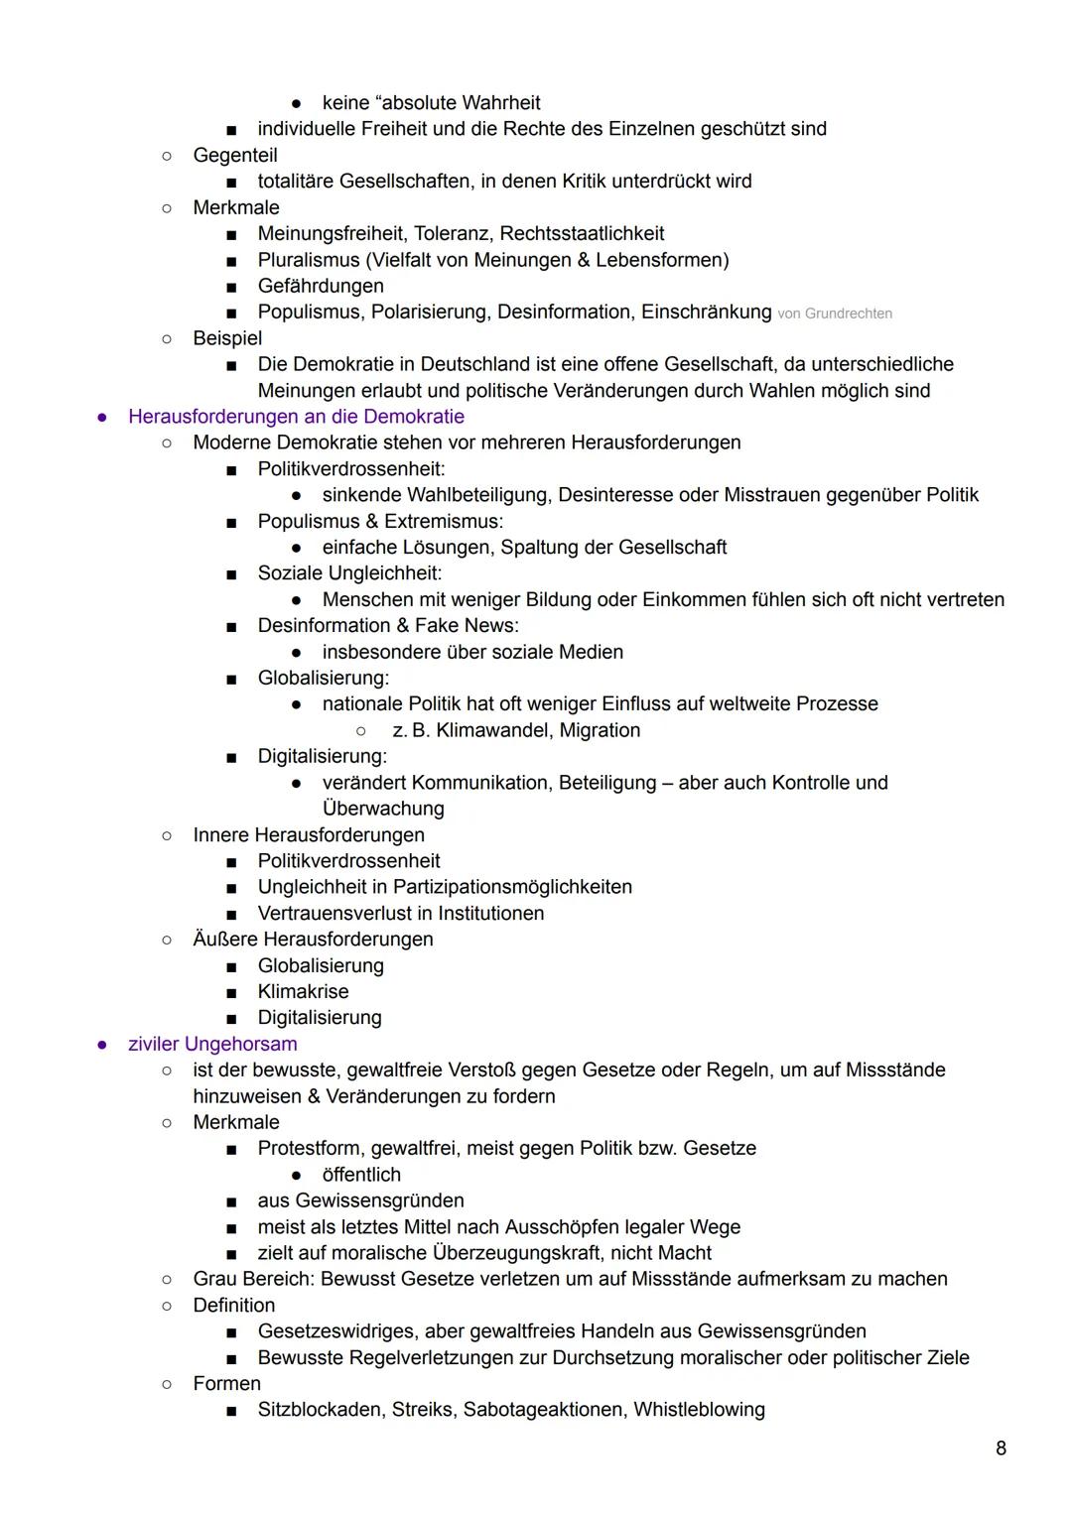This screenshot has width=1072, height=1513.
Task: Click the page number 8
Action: pyautogui.click(x=1001, y=1449)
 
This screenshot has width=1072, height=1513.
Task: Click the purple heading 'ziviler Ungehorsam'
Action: pyautogui.click(x=212, y=1044)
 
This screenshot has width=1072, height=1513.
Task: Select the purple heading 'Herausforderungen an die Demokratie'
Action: pyautogui.click(x=296, y=417)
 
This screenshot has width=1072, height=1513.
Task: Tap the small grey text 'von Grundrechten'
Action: pyautogui.click(x=835, y=314)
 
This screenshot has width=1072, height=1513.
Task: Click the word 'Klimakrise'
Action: pyautogui.click(x=303, y=991)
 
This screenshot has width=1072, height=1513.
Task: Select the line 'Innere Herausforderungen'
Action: pyautogui.click(x=309, y=835)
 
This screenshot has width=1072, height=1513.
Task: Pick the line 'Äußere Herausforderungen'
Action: pyautogui.click(x=313, y=940)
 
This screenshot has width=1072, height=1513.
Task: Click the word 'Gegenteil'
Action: pyautogui.click(x=235, y=156)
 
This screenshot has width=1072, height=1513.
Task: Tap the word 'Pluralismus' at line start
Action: pyautogui.click(x=309, y=260)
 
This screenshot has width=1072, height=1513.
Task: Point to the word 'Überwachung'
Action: pyautogui.click(x=383, y=809)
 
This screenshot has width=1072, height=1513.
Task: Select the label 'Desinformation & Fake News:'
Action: pyautogui.click(x=388, y=626)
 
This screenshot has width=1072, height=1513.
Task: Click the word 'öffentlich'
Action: pyautogui.click(x=361, y=1175)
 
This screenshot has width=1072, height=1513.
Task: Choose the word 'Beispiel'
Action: pyautogui.click(x=227, y=338)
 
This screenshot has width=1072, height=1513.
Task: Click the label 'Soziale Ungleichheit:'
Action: pyautogui.click(x=349, y=573)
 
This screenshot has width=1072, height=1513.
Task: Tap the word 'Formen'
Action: pyautogui.click(x=226, y=1383)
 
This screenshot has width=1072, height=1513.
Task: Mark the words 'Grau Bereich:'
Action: pyautogui.click(x=253, y=1279)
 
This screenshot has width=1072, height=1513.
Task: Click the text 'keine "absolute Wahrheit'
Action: pyautogui.click(x=431, y=103)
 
